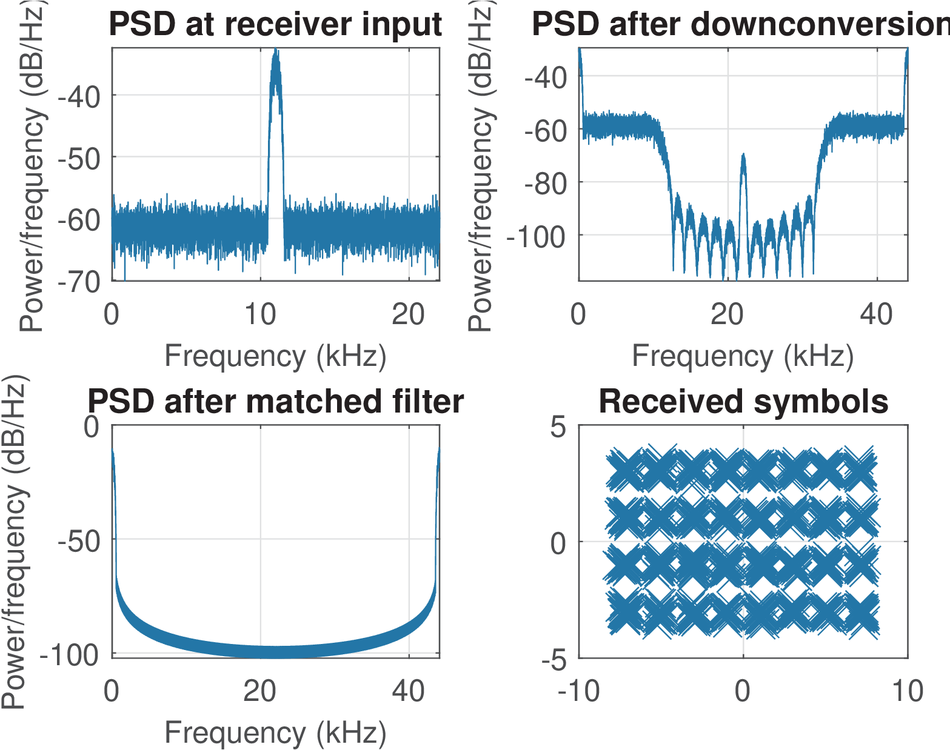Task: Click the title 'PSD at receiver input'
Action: tap(275, 24)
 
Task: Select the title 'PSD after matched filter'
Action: tap(275, 402)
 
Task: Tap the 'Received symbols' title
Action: tap(743, 402)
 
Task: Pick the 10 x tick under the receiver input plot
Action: tap(260, 315)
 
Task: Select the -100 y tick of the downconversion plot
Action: tap(537, 236)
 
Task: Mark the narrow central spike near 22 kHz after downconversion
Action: tap(743, 156)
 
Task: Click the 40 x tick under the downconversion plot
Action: tap(877, 315)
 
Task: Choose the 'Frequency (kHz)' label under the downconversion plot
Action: tap(743, 356)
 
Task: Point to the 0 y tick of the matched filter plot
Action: tap(92, 426)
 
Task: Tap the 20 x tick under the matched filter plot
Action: tap(260, 691)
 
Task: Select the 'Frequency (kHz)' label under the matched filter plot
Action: tap(275, 732)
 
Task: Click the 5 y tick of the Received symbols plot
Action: tap(558, 428)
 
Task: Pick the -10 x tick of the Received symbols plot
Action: tap(579, 691)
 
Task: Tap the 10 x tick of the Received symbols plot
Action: tap(908, 691)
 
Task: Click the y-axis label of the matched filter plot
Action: tap(15, 542)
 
